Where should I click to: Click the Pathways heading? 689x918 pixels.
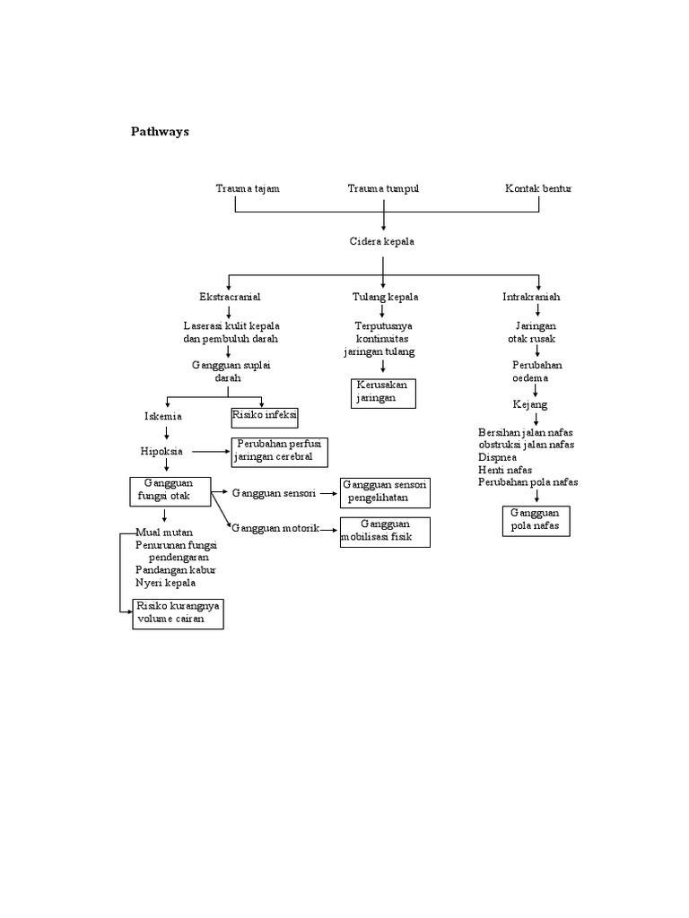coord(161,131)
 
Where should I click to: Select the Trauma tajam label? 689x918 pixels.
coord(247,188)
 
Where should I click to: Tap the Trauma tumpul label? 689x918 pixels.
coord(383,188)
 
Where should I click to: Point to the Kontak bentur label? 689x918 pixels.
coord(537,188)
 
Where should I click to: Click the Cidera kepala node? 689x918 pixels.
coord(382,242)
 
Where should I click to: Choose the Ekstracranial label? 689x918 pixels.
coord(230,296)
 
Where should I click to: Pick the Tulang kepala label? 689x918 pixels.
coord(384,296)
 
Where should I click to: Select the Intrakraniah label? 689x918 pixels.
coord(531,296)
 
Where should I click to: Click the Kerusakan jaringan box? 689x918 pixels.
coord(383,392)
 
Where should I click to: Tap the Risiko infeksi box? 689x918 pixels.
coord(264,417)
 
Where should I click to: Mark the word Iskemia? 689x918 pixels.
coord(163,417)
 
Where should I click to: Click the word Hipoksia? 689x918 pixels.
coord(161,452)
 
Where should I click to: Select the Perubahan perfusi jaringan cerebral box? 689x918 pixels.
coord(279,452)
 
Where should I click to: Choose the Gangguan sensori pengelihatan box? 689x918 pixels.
coord(385,491)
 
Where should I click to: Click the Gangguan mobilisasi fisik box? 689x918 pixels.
coord(385,531)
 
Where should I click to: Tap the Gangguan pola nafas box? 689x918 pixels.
coord(535,520)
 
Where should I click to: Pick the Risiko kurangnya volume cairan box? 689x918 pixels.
coord(178,613)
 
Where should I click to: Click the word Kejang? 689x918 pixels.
coord(530,405)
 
